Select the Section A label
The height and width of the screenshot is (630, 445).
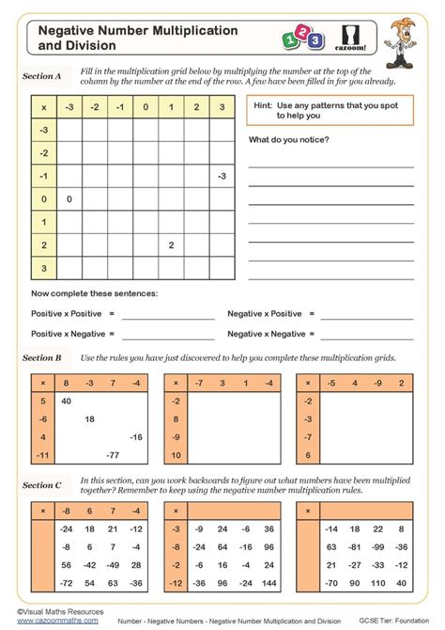42,76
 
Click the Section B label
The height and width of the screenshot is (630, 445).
42,357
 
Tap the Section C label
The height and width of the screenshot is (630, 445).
42,485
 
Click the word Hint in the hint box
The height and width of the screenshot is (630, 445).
263,105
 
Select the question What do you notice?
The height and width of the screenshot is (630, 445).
288,139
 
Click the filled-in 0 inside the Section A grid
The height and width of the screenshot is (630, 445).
69,199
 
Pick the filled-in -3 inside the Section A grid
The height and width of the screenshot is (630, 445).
221,176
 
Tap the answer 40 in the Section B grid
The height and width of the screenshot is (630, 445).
67,401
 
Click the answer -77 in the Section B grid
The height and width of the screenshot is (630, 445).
113,454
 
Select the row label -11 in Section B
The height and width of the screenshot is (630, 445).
43,454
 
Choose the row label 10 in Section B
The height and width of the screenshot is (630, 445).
176,454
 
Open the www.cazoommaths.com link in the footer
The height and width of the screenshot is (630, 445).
56,621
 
